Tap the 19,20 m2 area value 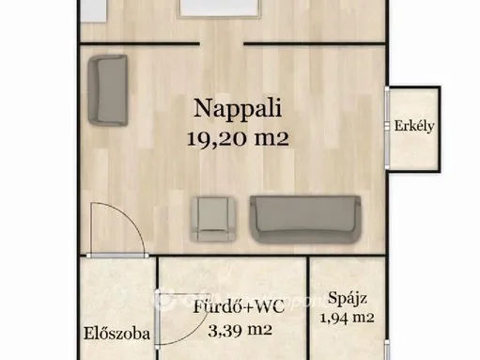(x=236, y=138)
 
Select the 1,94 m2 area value (x=348, y=319)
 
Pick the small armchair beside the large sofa (x=209, y=218)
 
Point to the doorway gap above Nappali (x=221, y=42)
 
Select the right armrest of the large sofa (x=353, y=216)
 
